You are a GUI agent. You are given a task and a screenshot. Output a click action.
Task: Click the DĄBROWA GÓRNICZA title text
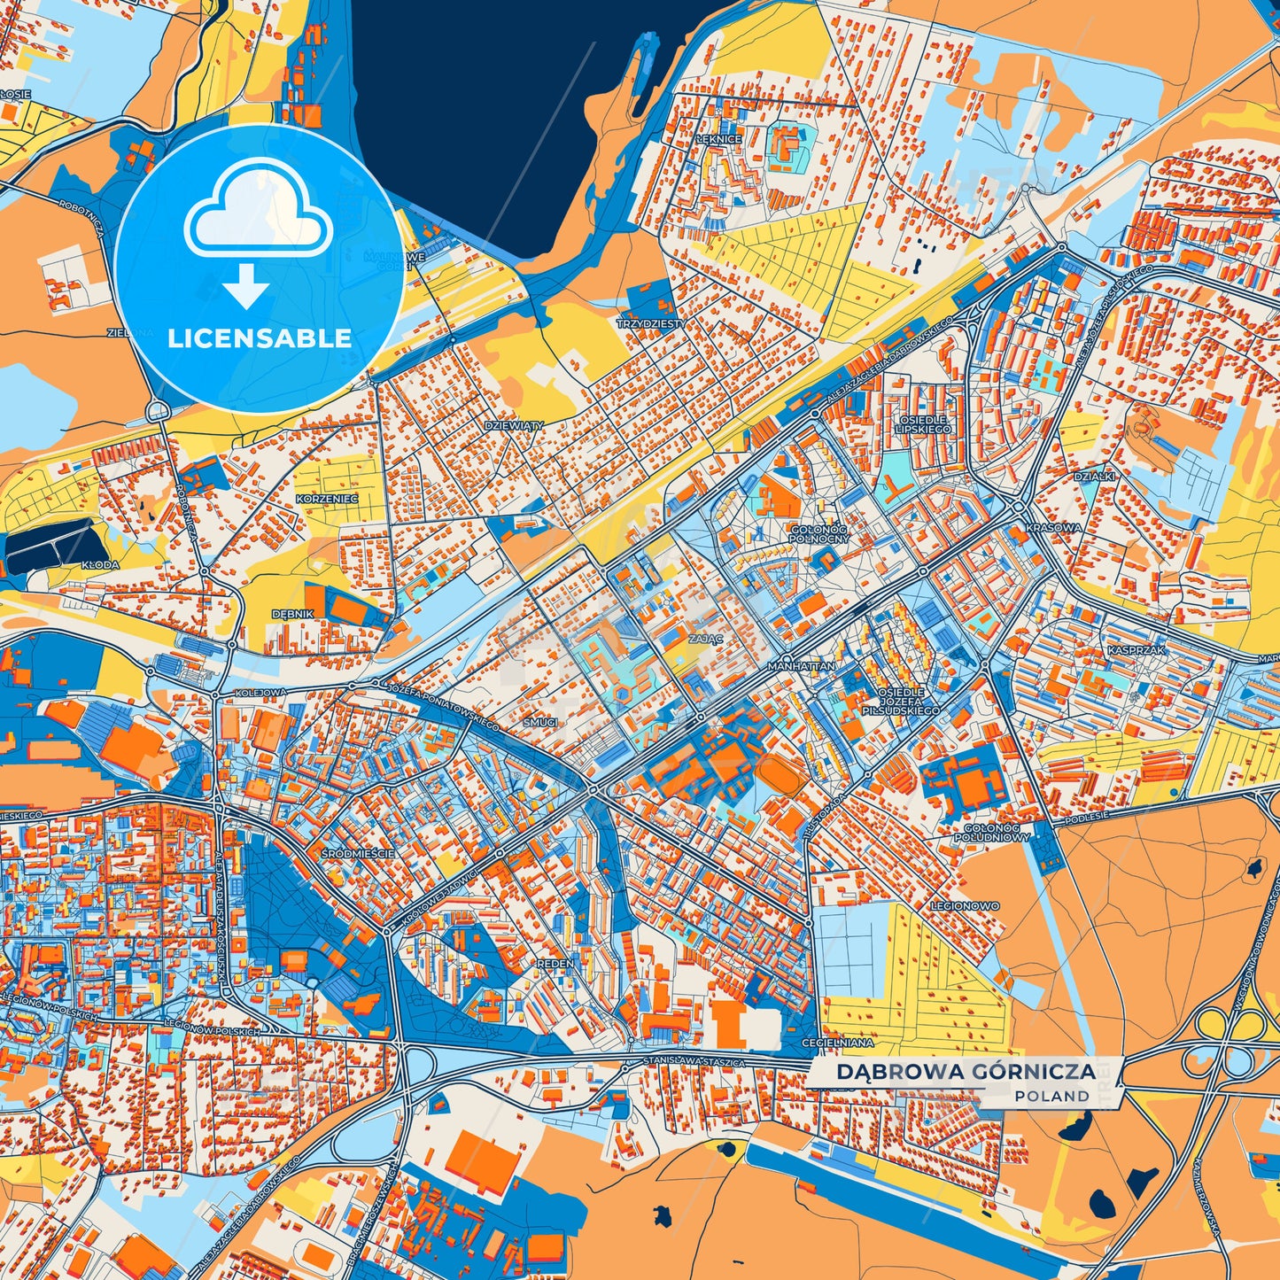(x=966, y=1072)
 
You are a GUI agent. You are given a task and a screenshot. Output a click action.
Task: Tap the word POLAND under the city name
(x=1052, y=1097)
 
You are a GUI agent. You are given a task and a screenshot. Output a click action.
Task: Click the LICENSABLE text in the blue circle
(x=260, y=338)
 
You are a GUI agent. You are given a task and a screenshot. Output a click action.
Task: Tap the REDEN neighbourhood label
(x=555, y=963)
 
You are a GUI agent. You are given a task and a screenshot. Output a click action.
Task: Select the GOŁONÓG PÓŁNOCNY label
(x=818, y=533)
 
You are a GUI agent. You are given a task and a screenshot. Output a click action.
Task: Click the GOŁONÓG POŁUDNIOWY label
(x=992, y=833)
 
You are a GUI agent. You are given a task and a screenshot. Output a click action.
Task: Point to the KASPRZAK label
(x=1136, y=650)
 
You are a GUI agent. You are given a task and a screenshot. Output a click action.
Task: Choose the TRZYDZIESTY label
(x=650, y=324)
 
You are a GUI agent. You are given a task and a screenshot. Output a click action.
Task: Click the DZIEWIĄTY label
(x=514, y=425)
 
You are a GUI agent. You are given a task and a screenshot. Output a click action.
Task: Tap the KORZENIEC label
(x=327, y=500)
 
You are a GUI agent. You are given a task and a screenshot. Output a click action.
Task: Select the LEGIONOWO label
(x=965, y=906)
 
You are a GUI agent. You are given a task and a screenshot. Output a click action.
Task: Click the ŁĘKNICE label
(x=718, y=139)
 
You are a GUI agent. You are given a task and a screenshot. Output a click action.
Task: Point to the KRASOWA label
(x=1053, y=528)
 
